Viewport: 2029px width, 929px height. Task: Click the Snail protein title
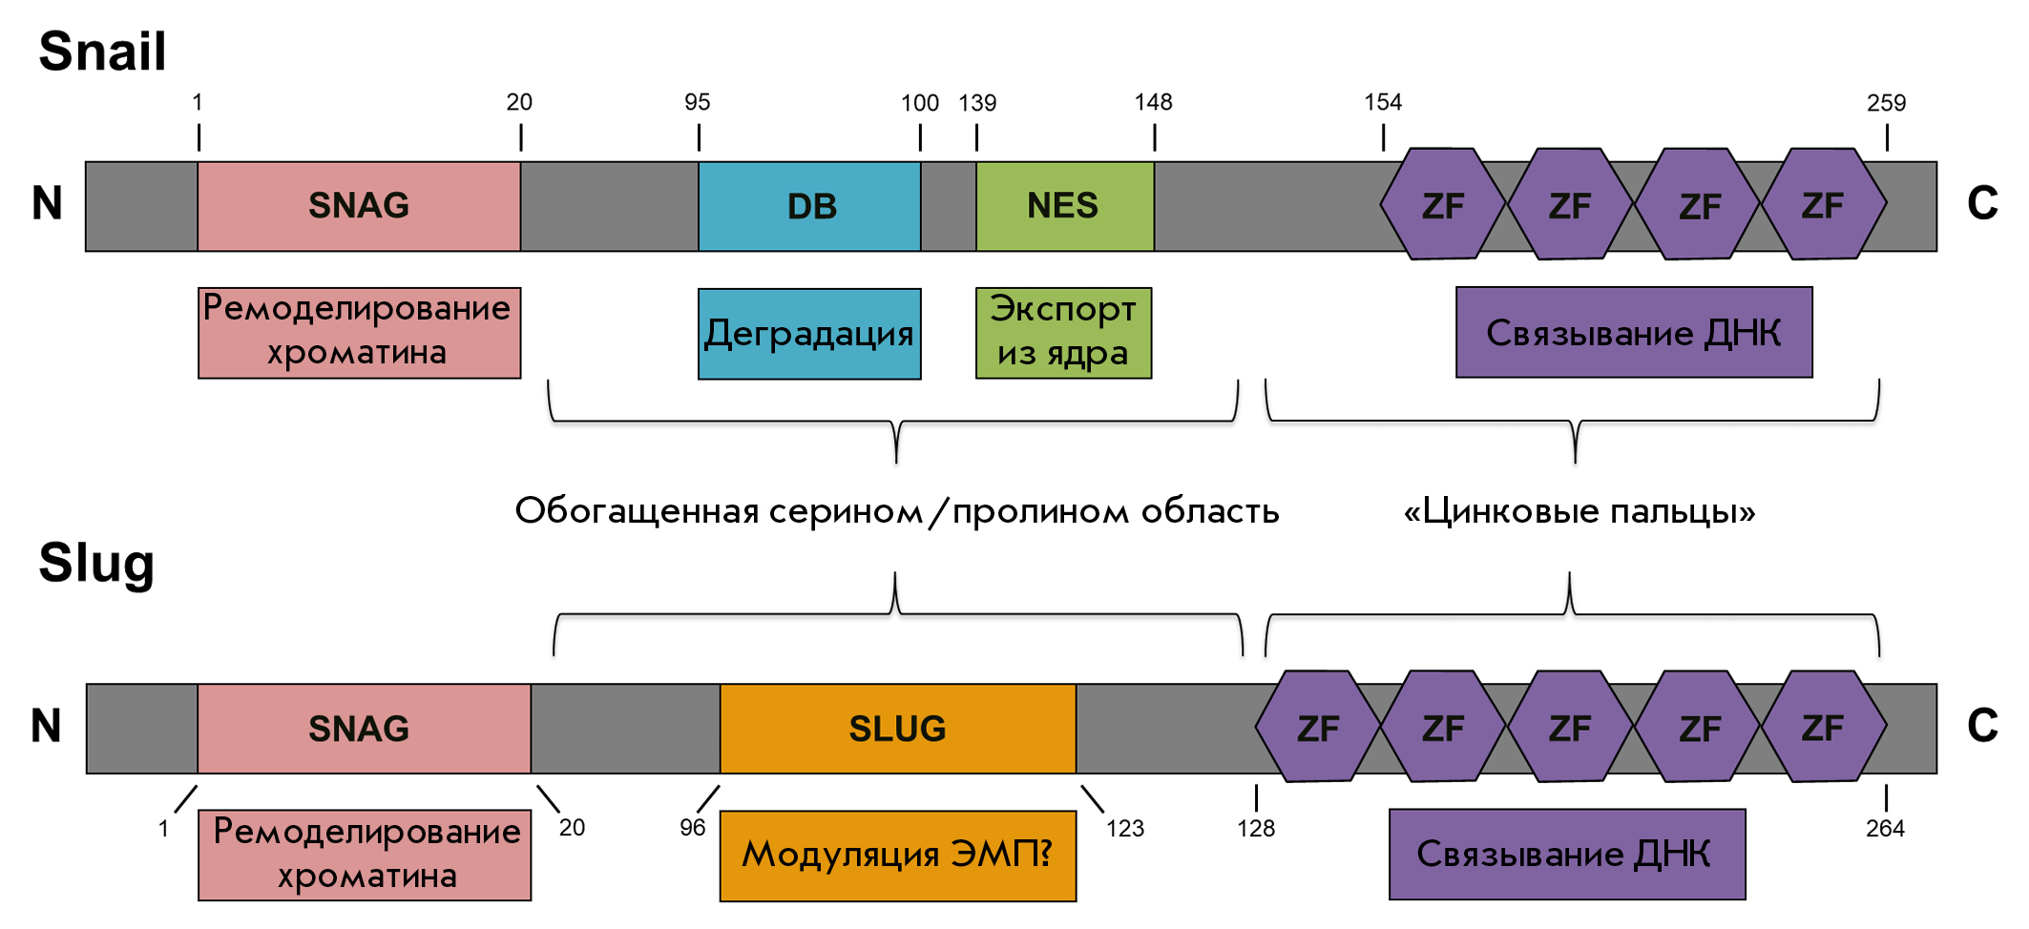102,51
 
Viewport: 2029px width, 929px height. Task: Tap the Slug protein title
96,563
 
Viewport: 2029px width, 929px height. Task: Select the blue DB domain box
809,206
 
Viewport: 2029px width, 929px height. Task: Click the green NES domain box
1065,206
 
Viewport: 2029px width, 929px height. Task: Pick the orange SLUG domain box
898,729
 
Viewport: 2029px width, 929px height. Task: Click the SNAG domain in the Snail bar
359,206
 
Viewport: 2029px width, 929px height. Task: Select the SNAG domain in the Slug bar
364,729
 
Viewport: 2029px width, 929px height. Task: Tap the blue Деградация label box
809,334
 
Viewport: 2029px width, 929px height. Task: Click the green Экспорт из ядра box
1064,333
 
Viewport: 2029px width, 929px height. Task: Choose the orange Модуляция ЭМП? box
898,856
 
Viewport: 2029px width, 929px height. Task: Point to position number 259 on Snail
1886,103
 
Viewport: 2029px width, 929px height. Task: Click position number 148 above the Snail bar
1153,102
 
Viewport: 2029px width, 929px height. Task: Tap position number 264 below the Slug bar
1885,829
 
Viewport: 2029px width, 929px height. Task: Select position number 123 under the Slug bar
1125,829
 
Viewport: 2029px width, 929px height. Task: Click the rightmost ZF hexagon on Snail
1824,204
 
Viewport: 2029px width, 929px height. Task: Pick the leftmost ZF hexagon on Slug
1318,727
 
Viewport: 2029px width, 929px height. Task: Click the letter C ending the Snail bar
1982,203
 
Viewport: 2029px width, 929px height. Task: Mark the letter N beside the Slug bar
46,726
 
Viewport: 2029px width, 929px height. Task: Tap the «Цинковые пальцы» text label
1579,512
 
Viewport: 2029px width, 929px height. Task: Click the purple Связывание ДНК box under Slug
1567,855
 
